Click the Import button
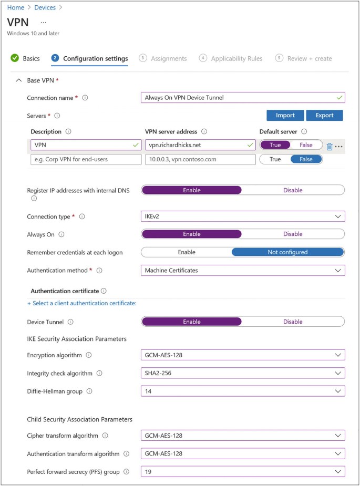pos(285,115)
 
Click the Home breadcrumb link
pos(16,7)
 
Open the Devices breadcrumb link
pos(45,7)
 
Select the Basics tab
pos(30,58)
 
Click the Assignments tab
pos(168,58)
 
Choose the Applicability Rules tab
pos(236,58)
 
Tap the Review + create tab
pos(309,58)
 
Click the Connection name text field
pos(243,97)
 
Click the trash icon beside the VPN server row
pos(330,147)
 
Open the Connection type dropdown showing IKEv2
pos(243,216)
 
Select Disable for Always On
pos(293,234)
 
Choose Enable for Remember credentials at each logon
pos(187,252)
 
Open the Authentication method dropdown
pos(243,270)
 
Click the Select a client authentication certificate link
pos(81,303)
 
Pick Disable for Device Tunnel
pos(293,322)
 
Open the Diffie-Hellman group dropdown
pos(243,391)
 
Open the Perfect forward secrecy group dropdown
pos(243,471)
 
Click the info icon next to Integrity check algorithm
pos(99,373)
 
